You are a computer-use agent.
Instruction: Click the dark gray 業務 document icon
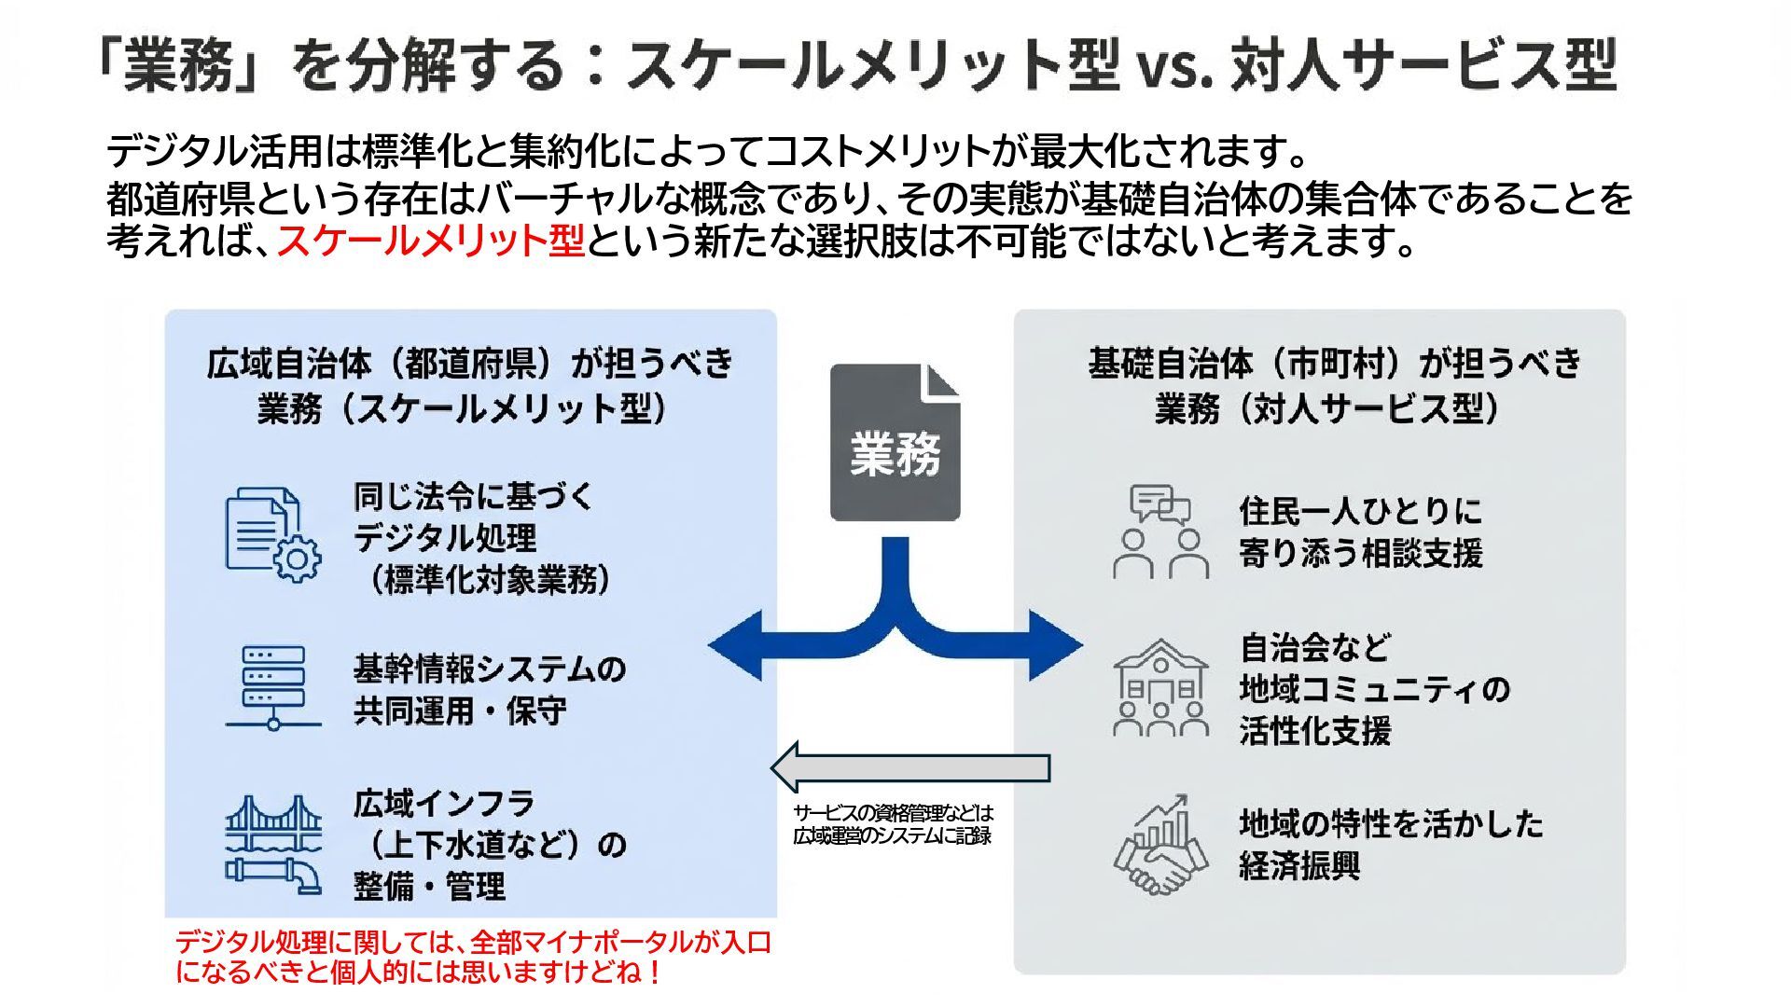(x=895, y=443)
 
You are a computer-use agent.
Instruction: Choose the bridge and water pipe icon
(x=272, y=844)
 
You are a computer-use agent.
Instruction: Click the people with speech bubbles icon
(x=1160, y=531)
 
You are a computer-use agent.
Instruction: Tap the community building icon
(x=1160, y=687)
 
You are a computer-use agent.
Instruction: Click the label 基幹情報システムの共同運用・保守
(x=489, y=689)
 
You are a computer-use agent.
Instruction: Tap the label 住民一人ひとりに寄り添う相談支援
(x=1360, y=531)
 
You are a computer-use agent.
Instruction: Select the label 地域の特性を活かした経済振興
(x=1390, y=844)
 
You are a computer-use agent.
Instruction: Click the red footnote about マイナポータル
(x=473, y=957)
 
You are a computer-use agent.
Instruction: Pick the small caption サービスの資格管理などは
(x=893, y=813)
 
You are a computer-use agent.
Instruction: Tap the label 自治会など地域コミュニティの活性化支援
(x=1373, y=689)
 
